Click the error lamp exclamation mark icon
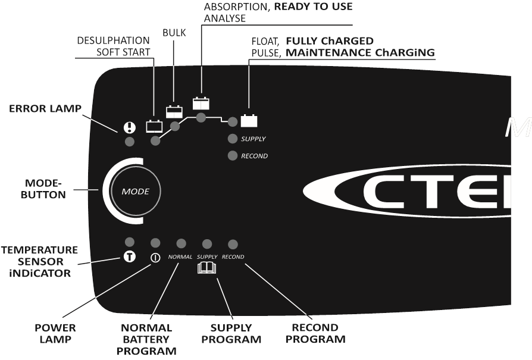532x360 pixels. (129, 127)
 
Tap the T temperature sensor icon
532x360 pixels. (129, 258)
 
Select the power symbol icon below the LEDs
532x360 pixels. (155, 258)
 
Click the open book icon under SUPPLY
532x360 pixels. (207, 268)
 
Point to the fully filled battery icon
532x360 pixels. (249, 121)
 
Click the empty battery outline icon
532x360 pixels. (155, 126)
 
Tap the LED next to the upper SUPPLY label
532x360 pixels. (233, 139)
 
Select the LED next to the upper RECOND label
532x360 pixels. (233, 156)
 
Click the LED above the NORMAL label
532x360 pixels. (181, 243)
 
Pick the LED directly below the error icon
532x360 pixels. (129, 142)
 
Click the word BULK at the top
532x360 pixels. (174, 33)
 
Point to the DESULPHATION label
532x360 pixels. (113, 40)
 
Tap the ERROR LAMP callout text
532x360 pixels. (45, 109)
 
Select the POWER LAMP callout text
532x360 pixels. (54, 333)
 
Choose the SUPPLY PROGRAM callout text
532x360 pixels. (231, 333)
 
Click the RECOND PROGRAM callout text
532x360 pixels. (315, 333)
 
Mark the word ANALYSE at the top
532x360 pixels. (225, 18)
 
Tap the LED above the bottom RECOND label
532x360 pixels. (233, 244)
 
